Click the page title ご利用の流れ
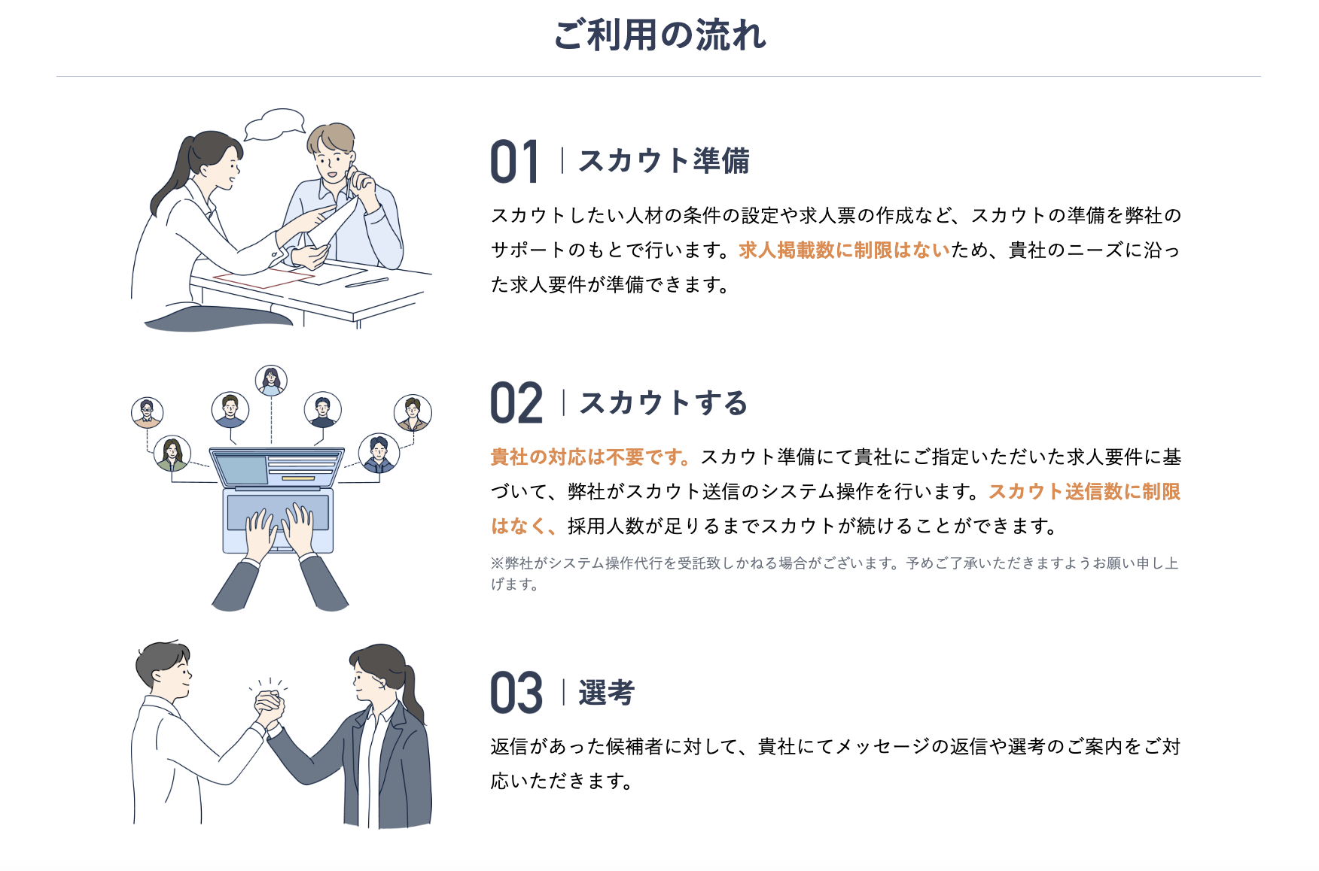[x=659, y=35]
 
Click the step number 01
[x=515, y=162]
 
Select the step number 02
[x=516, y=403]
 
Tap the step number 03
[x=516, y=693]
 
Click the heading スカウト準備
[x=664, y=161]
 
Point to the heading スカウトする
[x=663, y=403]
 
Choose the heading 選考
[x=607, y=693]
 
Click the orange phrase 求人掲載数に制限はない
[x=845, y=250]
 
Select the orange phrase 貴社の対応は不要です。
[x=591, y=457]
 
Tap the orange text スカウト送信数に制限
[x=1085, y=491]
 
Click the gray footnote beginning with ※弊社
[x=835, y=573]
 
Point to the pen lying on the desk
[x=367, y=283]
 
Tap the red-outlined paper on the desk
[x=263, y=278]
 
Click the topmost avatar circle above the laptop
[x=271, y=381]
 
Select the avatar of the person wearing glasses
[x=147, y=412]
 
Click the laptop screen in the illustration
[x=277, y=469]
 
